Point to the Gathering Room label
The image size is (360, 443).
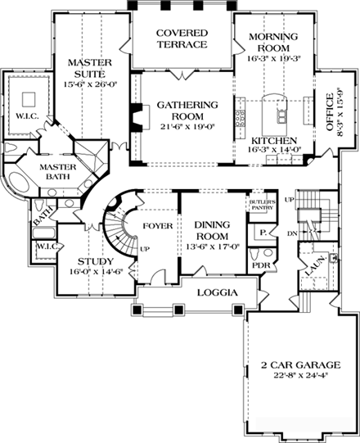[x=187, y=105]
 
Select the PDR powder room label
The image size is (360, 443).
[x=259, y=265]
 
